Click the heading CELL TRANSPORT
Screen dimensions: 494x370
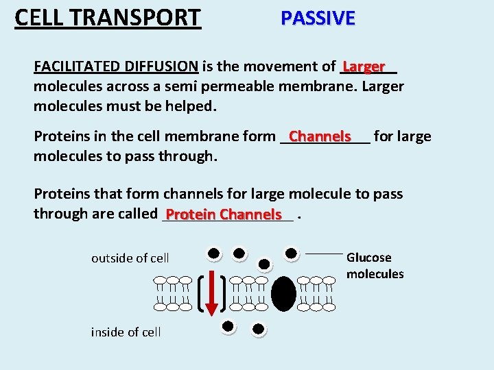[x=108, y=17]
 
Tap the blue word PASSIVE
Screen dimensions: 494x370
[x=318, y=18]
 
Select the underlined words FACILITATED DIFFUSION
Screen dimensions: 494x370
[x=116, y=66]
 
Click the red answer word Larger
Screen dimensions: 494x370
[x=364, y=66]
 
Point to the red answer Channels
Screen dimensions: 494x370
[x=320, y=136]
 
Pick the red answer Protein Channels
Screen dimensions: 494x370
[x=224, y=214]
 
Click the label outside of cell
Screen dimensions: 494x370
[x=130, y=258]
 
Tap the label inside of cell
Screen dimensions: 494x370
[x=126, y=332]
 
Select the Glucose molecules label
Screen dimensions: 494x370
[x=375, y=266]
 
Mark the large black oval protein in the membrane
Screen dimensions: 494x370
[x=283, y=293]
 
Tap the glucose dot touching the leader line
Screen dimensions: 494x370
[x=292, y=254]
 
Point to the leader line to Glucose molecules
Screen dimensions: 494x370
[x=323, y=254]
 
